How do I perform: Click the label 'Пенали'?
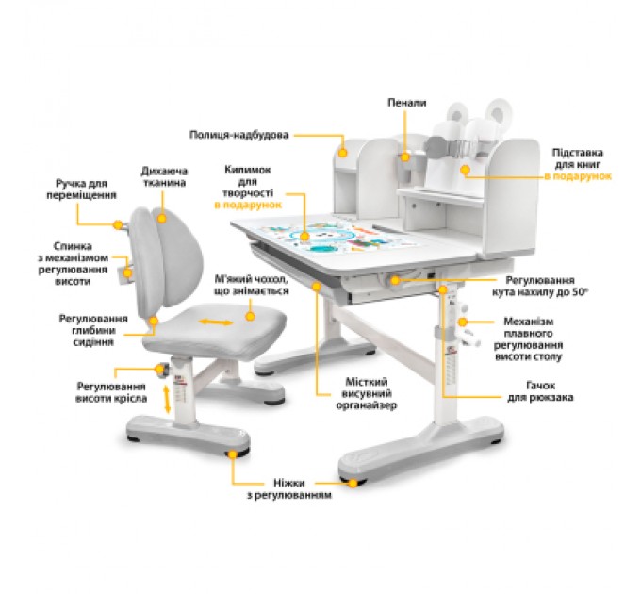[x=407, y=103]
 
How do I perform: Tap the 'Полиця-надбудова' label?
[x=238, y=135]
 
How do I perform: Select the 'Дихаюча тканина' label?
[x=164, y=176]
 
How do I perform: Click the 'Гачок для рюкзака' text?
[x=540, y=391]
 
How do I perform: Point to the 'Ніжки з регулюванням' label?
[x=289, y=489]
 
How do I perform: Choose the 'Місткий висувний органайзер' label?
[x=367, y=394]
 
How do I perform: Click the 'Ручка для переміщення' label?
[x=81, y=190]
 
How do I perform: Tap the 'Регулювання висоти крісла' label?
[x=111, y=392]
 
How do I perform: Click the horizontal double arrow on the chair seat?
[x=216, y=322]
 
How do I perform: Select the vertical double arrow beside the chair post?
[x=167, y=399]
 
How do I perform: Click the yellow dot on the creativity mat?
[x=304, y=237]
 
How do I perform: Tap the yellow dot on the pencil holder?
[x=404, y=157]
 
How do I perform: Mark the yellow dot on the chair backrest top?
[x=162, y=219]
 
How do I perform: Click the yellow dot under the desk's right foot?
[x=353, y=483]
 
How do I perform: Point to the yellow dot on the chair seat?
[x=250, y=316]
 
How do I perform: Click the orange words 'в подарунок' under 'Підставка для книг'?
[x=578, y=176]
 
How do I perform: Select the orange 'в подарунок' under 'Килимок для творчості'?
[x=248, y=205]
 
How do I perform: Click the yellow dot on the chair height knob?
[x=159, y=370]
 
